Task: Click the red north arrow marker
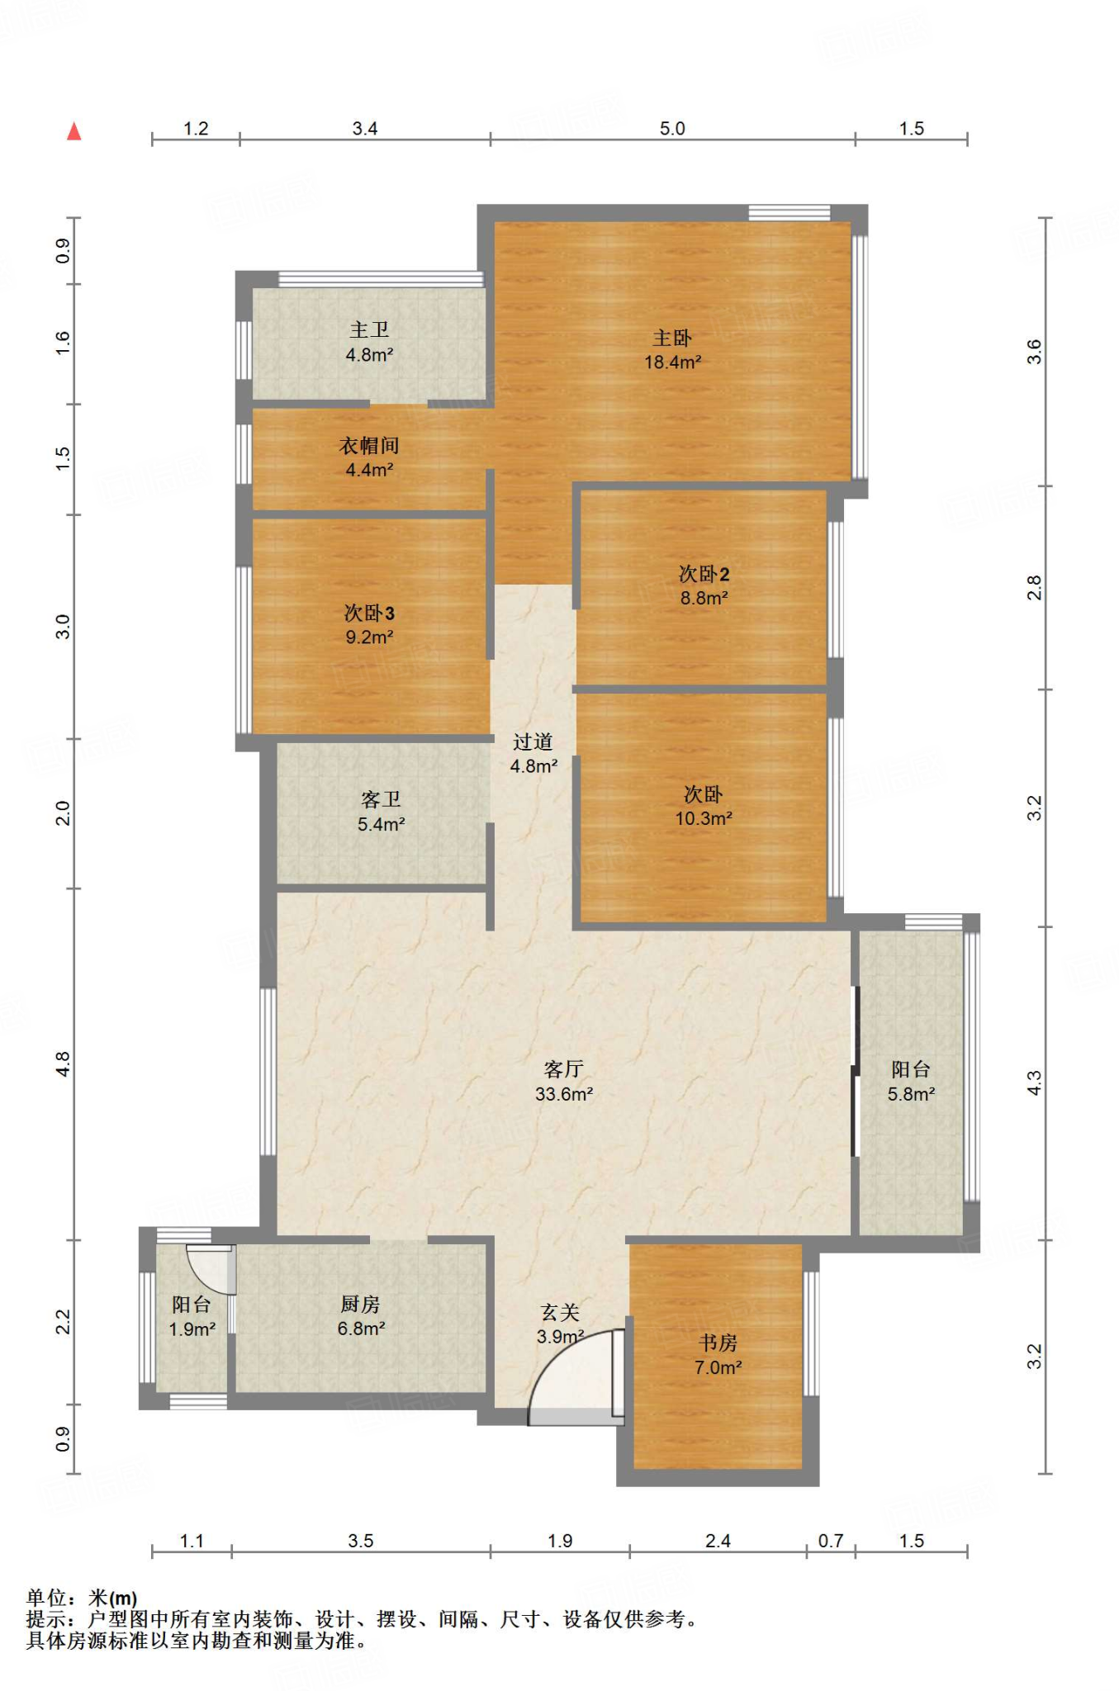click(74, 131)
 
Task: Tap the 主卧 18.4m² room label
click(672, 349)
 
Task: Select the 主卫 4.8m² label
click(369, 342)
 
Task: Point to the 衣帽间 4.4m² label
click(369, 457)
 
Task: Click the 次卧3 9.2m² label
click(369, 625)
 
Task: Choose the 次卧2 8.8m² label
click(704, 585)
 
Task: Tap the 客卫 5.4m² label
click(381, 812)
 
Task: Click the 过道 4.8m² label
click(533, 754)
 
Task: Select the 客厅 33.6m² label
click(564, 1082)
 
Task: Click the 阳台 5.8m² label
click(911, 1082)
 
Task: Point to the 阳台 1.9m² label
click(192, 1316)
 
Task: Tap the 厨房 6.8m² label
click(361, 1316)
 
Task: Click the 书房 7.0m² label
click(718, 1355)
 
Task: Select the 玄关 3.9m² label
click(560, 1324)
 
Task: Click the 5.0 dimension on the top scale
click(672, 128)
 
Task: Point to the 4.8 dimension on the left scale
click(63, 1063)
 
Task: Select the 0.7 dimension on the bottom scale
click(831, 1541)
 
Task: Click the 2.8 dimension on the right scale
click(1034, 587)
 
